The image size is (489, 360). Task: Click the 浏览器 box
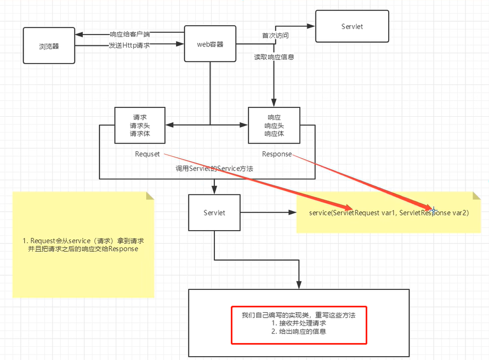pyautogui.click(x=49, y=46)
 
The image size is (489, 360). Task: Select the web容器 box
pyautogui.click(x=210, y=44)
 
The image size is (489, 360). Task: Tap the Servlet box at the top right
pyautogui.click(x=351, y=26)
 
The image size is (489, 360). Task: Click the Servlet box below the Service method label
pyautogui.click(x=214, y=212)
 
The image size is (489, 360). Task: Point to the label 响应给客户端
pyautogui.click(x=129, y=35)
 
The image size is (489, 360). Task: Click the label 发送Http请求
pyautogui.click(x=129, y=45)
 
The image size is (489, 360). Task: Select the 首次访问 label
pyautogui.click(x=275, y=36)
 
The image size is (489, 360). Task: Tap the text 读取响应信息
pyautogui.click(x=274, y=56)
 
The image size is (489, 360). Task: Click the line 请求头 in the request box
pyautogui.click(x=140, y=125)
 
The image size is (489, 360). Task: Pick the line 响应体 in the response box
pyautogui.click(x=274, y=133)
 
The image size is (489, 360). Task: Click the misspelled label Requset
pyautogui.click(x=147, y=154)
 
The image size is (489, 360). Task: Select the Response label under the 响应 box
pyautogui.click(x=277, y=154)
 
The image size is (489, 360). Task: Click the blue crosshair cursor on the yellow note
pyautogui.click(x=433, y=210)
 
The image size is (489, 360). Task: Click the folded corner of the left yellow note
pyautogui.click(x=150, y=196)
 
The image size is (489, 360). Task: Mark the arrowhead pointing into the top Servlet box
pyautogui.click(x=311, y=25)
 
